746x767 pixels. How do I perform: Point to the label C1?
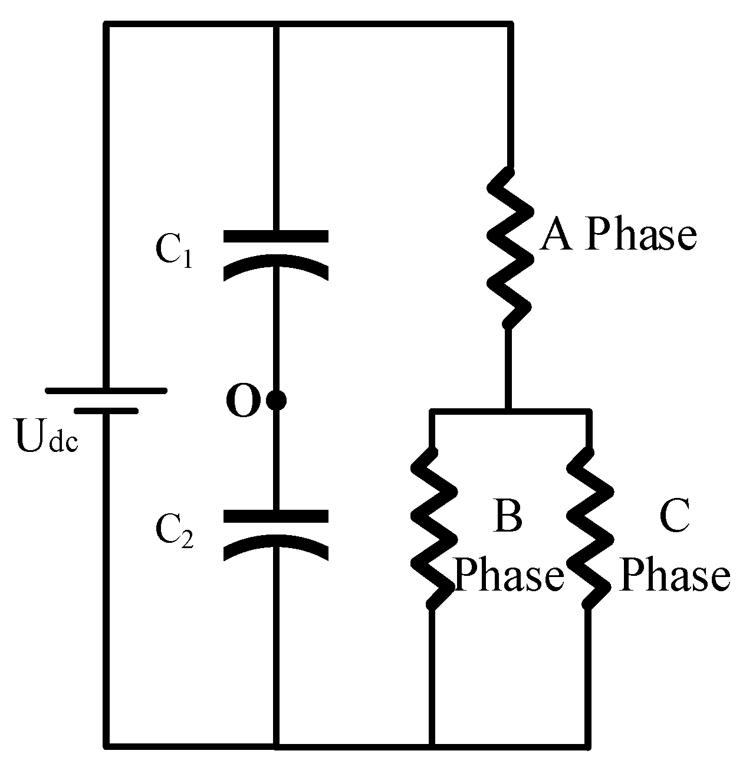coord(173,253)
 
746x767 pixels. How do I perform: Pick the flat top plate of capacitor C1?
coord(275,237)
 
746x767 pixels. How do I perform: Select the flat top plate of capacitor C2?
coord(275,517)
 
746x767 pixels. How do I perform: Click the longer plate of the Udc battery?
coord(106,391)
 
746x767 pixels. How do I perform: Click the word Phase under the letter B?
coord(510,575)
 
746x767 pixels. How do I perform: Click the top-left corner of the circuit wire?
coord(107,25)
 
